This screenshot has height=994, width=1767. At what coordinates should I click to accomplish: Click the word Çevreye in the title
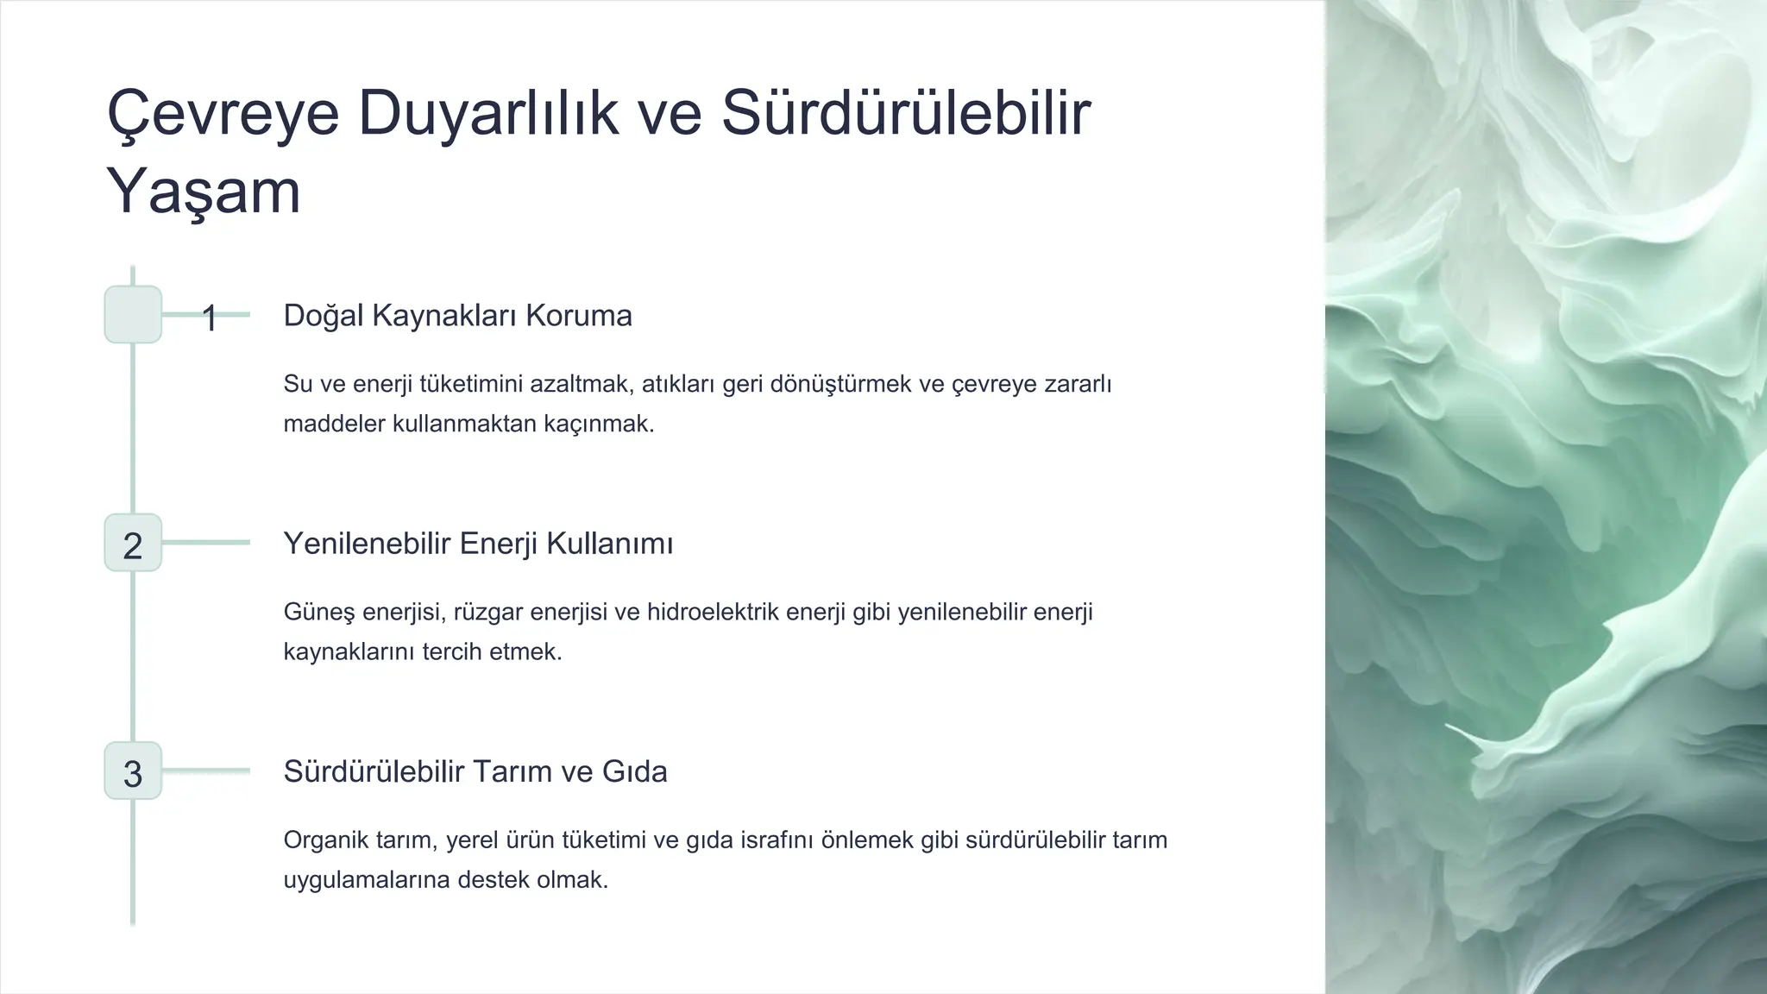(x=223, y=114)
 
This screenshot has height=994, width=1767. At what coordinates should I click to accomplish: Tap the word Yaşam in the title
(x=204, y=192)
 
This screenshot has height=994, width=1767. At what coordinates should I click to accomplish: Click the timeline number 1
(x=209, y=318)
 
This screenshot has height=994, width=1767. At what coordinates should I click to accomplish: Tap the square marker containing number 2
(x=133, y=544)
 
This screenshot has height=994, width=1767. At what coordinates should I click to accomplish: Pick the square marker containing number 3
(x=133, y=771)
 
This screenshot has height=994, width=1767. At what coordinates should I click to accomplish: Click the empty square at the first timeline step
(x=133, y=315)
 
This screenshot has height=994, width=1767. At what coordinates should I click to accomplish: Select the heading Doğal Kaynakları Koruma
(x=457, y=316)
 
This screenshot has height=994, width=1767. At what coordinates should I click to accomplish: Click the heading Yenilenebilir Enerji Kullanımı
(x=478, y=544)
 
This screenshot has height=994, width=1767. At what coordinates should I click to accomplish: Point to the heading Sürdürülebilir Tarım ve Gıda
(x=475, y=771)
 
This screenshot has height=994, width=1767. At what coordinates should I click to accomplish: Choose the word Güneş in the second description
(x=318, y=613)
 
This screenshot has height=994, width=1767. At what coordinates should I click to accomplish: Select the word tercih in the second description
(x=452, y=651)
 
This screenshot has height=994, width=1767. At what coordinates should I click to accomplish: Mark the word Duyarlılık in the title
(x=488, y=114)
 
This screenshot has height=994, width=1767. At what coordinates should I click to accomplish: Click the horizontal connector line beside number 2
(x=206, y=543)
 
